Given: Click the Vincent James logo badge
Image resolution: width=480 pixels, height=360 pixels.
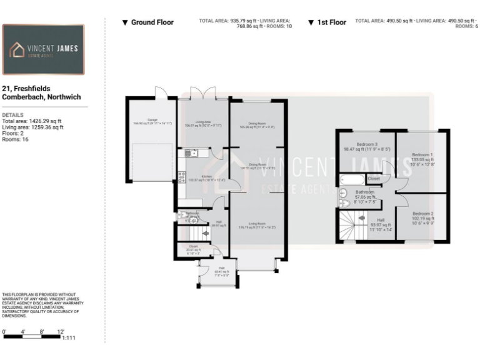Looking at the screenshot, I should (43, 49).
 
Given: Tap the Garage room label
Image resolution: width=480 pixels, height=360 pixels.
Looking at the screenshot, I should (152, 120).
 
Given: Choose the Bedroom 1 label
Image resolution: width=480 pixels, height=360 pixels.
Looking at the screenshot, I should (422, 154).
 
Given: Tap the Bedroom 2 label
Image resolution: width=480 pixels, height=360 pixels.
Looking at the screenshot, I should (422, 214).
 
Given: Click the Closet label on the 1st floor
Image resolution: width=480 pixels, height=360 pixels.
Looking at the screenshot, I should (374, 179).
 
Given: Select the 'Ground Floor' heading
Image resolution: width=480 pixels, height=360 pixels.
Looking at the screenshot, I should (148, 22).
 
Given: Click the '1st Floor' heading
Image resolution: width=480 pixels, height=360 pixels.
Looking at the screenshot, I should (327, 22).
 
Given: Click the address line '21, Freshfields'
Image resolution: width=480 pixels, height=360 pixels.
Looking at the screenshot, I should (26, 89).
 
